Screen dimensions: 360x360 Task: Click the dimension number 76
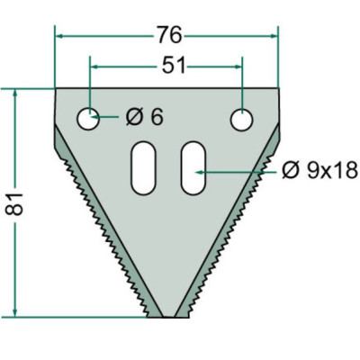166,35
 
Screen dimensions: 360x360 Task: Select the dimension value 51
166,67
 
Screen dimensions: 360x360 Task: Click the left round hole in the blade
88,118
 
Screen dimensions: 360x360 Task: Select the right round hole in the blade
242,118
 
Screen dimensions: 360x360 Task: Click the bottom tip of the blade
167,316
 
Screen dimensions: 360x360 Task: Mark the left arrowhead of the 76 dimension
60,36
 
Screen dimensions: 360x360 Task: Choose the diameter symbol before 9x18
289,169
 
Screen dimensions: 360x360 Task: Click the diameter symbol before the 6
133,118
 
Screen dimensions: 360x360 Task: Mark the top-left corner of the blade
56,88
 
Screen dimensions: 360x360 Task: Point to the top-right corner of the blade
278,88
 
